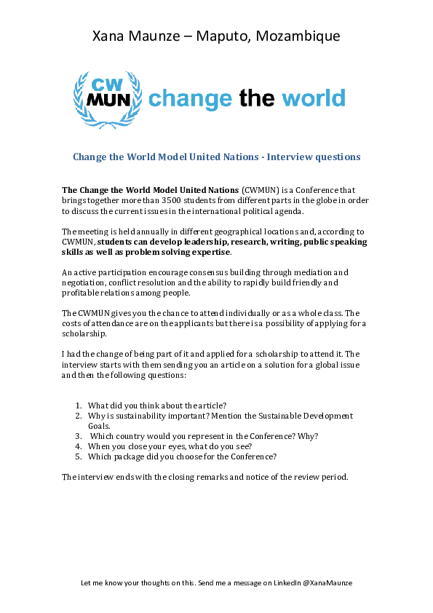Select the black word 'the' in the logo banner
click(255, 99)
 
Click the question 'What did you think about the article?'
click(157, 405)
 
